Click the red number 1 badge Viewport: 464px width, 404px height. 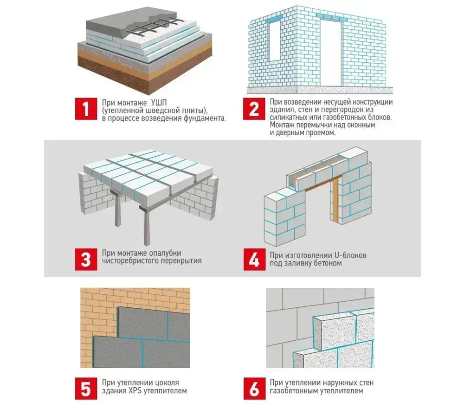pos(86,109)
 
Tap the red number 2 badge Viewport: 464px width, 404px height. pos(254,109)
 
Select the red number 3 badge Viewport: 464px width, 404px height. pos(86,259)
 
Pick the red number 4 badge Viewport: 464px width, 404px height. pos(254,259)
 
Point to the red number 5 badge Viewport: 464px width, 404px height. pos(86,389)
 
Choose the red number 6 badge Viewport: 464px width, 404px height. pos(254,389)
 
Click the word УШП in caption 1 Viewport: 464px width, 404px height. pos(159,103)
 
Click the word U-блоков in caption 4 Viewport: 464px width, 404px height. pos(350,255)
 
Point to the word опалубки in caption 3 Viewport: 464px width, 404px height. pos(165,253)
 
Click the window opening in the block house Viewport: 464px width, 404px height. pos(275,40)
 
